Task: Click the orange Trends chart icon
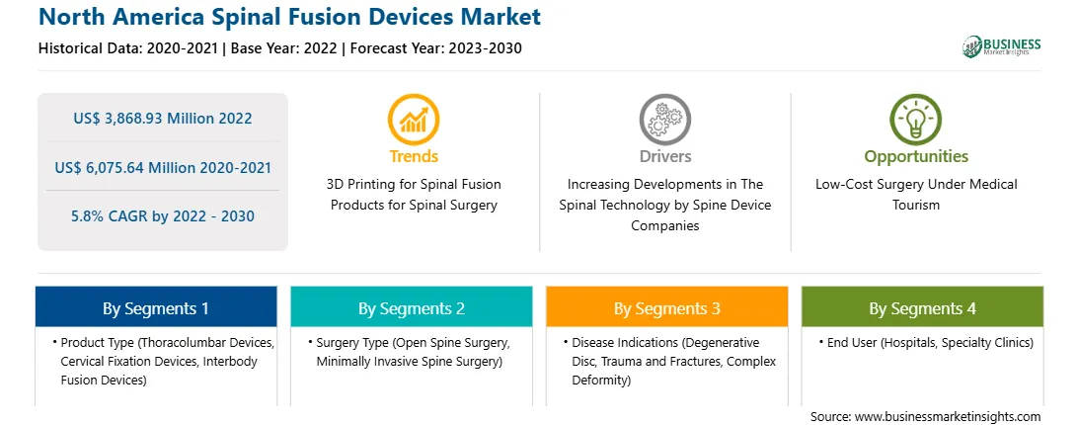coord(414,120)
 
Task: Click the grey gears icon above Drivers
coord(664,120)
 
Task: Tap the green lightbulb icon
coord(916,120)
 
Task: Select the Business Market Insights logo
coord(1002,46)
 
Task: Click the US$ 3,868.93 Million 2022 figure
coord(163,118)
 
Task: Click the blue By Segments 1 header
coord(156,308)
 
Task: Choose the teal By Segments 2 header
coord(411,308)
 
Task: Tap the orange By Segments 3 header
coord(667,308)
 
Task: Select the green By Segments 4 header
coord(923,308)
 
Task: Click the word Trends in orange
coord(414,156)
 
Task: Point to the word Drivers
coord(665,156)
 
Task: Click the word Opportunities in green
coord(916,156)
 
